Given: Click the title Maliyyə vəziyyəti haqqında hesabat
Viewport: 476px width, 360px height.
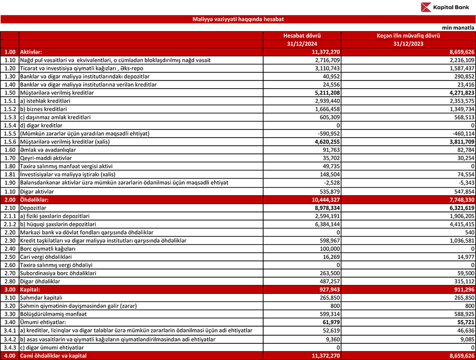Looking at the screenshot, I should pyautogui.click(x=238, y=19).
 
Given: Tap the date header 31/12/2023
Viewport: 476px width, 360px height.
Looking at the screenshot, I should pyautogui.click(x=408, y=43).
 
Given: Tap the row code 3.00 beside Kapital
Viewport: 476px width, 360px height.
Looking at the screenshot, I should pyautogui.click(x=10, y=289).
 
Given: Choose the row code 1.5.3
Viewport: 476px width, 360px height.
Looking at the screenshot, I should pyautogui.click(x=10, y=117).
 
